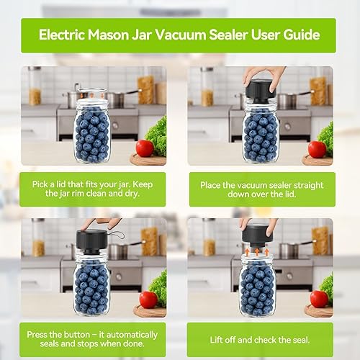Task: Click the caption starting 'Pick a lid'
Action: (x=92, y=189)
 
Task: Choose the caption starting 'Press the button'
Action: (x=92, y=341)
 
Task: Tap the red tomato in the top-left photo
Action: (x=144, y=148)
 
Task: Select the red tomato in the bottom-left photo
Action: (x=148, y=300)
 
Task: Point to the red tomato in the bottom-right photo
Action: (x=318, y=299)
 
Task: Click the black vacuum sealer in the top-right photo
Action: (x=258, y=89)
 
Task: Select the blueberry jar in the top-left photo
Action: (x=91, y=133)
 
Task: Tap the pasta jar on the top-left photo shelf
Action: (x=35, y=86)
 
